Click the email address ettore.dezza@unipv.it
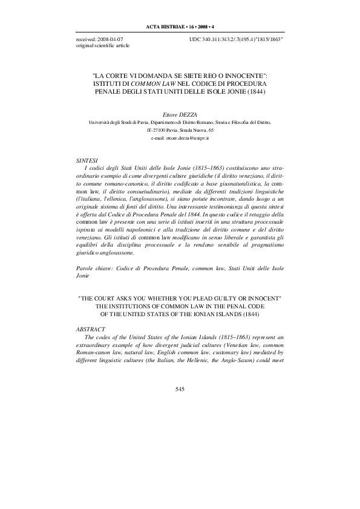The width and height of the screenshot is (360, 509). pos(180,138)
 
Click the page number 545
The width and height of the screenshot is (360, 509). pos(180,389)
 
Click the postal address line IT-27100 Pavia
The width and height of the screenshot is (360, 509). pos(179,129)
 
